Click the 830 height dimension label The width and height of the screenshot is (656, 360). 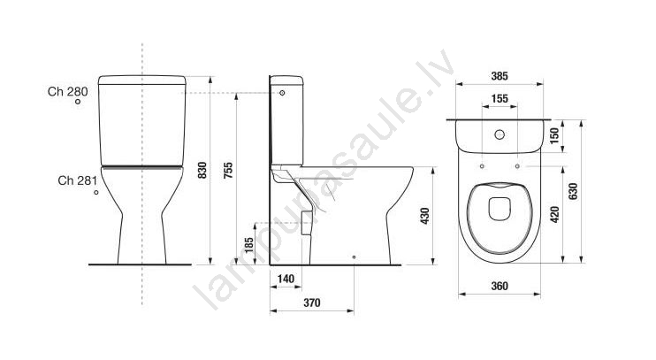[x=202, y=171]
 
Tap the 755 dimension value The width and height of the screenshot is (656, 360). [x=228, y=171]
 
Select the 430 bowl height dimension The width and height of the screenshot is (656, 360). [x=425, y=216]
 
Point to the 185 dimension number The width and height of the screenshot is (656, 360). [x=249, y=245]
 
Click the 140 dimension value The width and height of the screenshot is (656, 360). [x=286, y=279]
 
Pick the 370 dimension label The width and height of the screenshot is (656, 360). [x=312, y=303]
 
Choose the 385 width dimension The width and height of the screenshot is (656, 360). [x=500, y=76]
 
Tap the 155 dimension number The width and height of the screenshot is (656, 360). [x=500, y=99]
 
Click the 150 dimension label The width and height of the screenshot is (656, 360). [x=554, y=135]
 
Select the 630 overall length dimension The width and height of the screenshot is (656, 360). [x=573, y=191]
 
